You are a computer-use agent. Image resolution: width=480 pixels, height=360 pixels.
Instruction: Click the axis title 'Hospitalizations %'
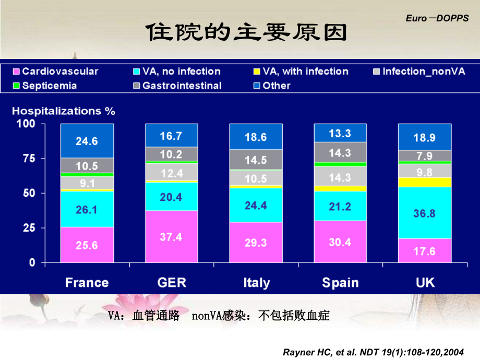[x=64, y=111]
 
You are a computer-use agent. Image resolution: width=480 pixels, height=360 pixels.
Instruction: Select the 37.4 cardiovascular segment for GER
[x=171, y=236]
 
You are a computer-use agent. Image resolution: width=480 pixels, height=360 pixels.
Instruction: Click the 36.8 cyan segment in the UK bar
[x=424, y=213]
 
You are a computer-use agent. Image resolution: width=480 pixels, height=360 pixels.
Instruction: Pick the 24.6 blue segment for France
[x=87, y=141]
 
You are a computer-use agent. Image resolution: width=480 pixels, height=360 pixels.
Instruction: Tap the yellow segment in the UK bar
[x=424, y=182]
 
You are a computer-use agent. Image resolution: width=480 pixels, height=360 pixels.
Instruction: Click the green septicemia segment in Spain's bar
[x=340, y=164]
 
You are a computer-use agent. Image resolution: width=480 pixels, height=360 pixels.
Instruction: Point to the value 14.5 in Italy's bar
[x=256, y=160]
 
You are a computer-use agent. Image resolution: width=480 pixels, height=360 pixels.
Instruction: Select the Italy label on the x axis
[x=256, y=283]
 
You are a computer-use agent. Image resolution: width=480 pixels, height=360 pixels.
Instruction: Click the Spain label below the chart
[x=340, y=283]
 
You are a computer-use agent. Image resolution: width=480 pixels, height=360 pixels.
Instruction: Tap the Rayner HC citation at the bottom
[x=373, y=351]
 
